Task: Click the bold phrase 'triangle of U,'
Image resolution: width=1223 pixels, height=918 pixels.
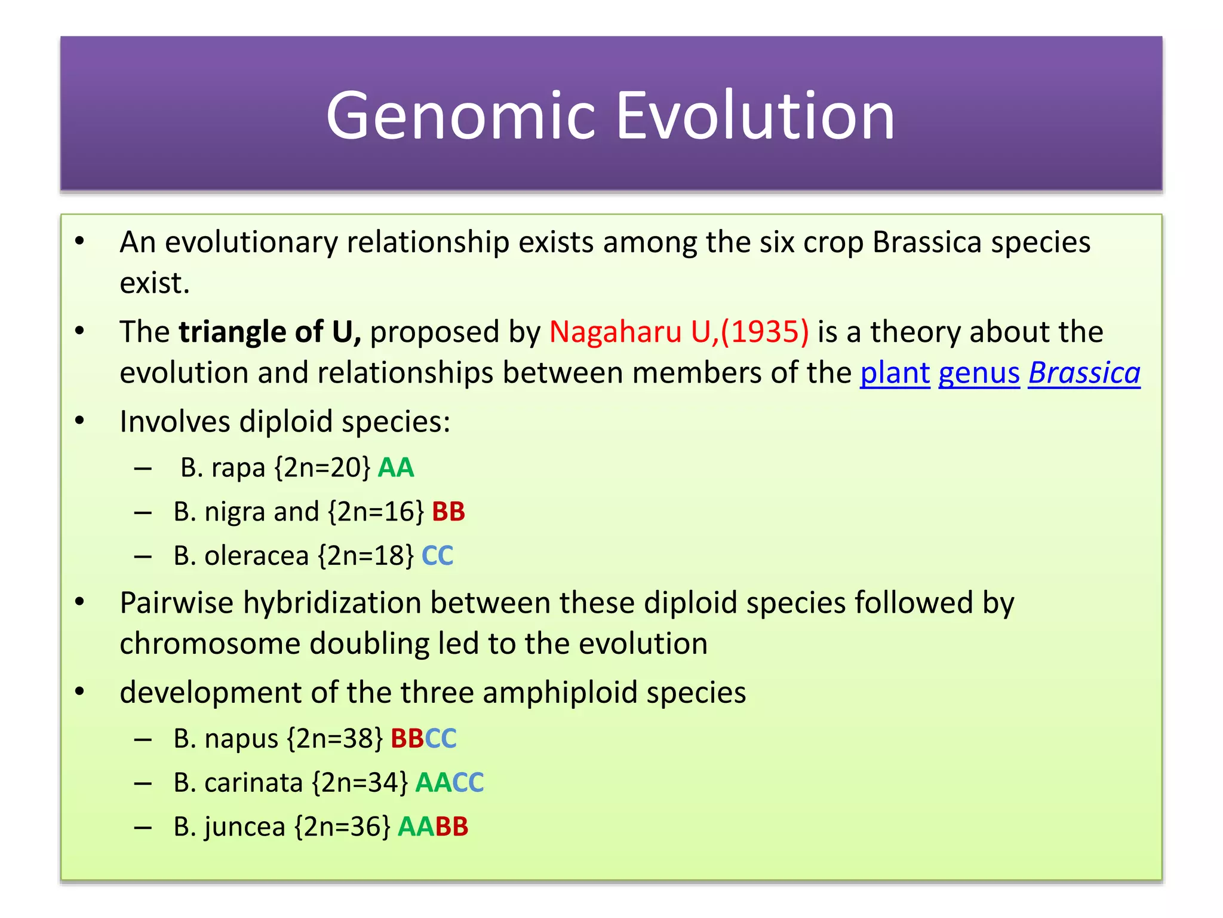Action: [270, 332]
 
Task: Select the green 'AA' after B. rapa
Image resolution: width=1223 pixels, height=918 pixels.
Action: [396, 468]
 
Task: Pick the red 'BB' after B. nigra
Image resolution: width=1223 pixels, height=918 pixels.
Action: [448, 512]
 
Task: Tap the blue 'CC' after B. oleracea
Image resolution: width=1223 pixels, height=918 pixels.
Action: [437, 556]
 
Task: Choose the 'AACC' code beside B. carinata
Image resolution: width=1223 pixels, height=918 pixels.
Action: [449, 783]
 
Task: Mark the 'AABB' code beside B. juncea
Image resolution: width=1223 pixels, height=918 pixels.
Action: [432, 827]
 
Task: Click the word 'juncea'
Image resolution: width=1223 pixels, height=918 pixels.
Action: [245, 827]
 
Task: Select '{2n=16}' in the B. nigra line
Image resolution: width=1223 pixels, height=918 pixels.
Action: [376, 512]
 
